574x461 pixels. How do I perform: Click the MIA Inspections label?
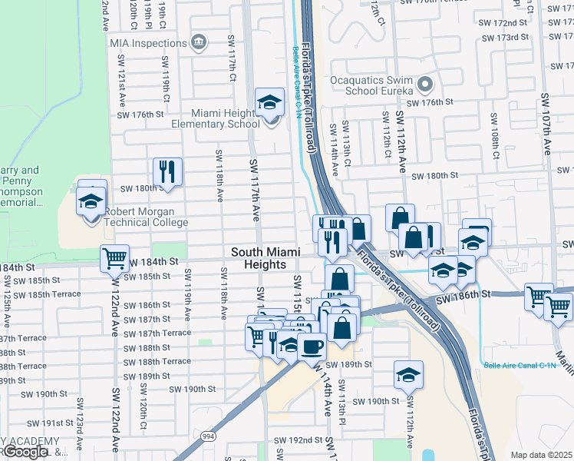coord(147,43)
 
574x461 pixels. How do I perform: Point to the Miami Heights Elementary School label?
coord(203,118)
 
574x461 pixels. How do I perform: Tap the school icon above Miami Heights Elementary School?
coord(270,101)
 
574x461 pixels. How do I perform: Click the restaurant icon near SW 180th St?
coord(167,172)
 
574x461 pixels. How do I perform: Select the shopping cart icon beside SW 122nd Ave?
coord(114,259)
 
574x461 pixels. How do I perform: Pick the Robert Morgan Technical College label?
coord(146,217)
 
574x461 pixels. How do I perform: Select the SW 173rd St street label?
coord(510,37)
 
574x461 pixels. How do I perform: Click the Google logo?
coord(25,452)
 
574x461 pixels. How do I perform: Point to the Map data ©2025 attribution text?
coord(541,455)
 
